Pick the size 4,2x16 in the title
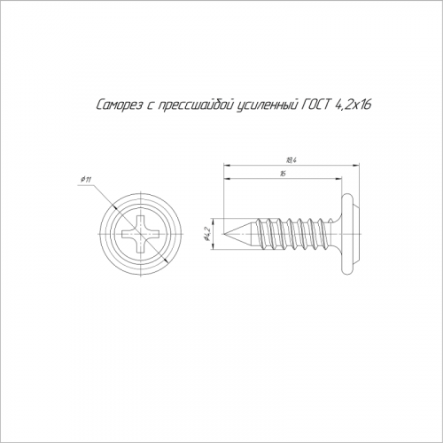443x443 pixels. tap(354, 105)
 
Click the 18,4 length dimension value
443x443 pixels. tap(291, 160)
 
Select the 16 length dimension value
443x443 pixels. tap(283, 174)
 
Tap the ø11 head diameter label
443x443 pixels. tap(86, 179)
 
